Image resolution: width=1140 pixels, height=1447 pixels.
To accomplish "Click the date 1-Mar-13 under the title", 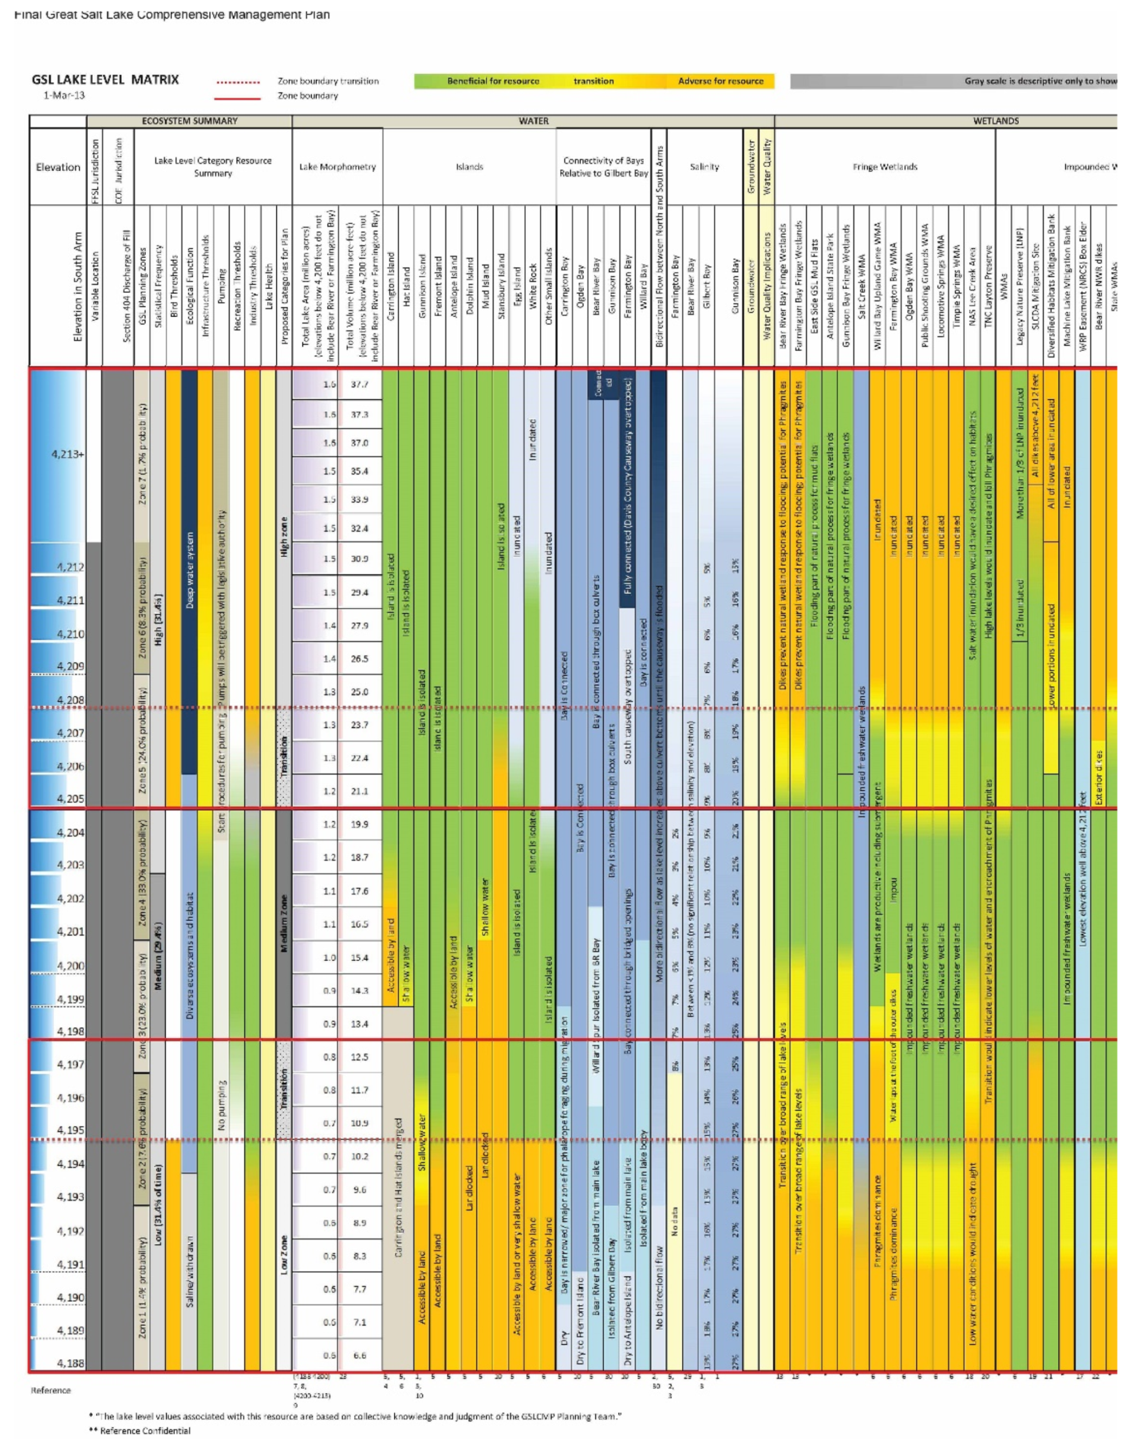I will pyautogui.click(x=64, y=95).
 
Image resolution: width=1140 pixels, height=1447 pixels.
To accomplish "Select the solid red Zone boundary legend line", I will pyautogui.click(x=238, y=98).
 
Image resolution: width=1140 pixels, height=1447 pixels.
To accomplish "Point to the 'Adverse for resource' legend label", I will pyautogui.click(x=720, y=81).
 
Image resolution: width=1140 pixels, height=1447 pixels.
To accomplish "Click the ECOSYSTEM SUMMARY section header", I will pyautogui.click(x=190, y=121).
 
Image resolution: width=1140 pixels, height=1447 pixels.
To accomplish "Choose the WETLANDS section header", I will pyautogui.click(x=996, y=121).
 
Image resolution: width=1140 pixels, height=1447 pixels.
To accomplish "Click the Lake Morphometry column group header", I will pyautogui.click(x=338, y=167).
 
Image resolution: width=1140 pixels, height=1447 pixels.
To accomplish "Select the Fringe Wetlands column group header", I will pyautogui.click(x=885, y=167).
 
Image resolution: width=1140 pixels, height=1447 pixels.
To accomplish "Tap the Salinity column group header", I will pyautogui.click(x=704, y=167).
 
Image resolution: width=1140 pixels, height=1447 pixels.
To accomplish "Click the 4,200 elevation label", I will pyautogui.click(x=70, y=966).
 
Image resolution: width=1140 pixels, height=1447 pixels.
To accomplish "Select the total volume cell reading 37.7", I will pyautogui.click(x=359, y=384).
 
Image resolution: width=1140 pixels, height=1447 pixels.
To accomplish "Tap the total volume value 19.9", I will pyautogui.click(x=359, y=824).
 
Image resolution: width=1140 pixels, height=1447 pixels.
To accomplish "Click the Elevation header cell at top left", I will pyautogui.click(x=58, y=167).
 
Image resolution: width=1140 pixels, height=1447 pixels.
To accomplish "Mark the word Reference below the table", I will pyautogui.click(x=51, y=1390).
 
